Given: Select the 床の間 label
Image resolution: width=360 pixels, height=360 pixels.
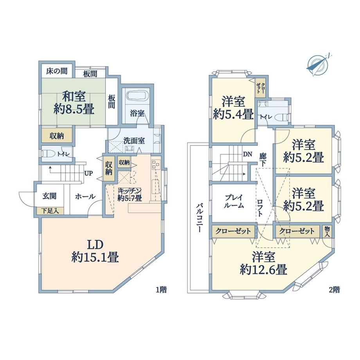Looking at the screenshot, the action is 57,71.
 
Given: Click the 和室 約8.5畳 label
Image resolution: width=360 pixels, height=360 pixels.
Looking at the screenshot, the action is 74,103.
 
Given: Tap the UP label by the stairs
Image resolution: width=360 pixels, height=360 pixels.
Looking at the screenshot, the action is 88,173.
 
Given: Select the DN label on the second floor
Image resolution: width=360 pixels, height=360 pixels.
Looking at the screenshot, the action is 247,154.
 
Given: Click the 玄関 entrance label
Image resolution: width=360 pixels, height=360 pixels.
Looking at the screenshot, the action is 49,196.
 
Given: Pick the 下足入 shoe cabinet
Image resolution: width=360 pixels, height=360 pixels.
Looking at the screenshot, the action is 50,211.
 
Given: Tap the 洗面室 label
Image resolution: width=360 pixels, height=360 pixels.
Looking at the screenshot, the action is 134,141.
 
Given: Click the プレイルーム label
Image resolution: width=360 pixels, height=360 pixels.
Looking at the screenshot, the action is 234,202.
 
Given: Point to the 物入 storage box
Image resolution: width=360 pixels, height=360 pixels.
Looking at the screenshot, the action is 327,231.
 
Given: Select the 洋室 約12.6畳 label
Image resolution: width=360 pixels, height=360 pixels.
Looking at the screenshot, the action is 264,263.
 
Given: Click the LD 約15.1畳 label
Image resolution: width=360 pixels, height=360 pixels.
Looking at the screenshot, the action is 95,251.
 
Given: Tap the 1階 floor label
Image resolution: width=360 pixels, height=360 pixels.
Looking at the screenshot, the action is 161,290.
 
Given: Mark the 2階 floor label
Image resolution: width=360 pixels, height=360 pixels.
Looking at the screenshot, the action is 334,290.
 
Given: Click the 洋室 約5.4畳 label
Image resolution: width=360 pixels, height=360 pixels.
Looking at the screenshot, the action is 233,108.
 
